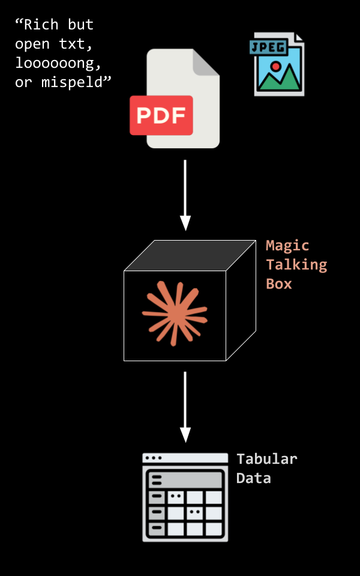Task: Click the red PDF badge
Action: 161,115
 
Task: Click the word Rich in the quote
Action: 41,25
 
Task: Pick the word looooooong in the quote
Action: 58,64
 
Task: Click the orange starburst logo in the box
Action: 174,313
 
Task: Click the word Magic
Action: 287,245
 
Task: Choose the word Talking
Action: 296,265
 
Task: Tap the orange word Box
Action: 279,284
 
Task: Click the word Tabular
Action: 266,459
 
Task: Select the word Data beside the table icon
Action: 253,478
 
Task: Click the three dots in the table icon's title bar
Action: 153,458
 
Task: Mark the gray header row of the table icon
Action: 185,479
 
